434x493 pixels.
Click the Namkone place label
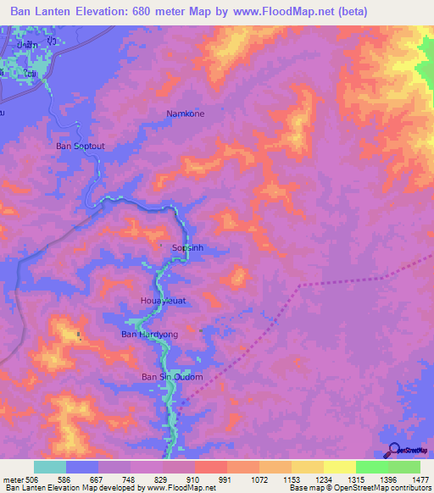tap(185, 113)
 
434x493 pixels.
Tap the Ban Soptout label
tap(81, 146)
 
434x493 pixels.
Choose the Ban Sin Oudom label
tap(171, 376)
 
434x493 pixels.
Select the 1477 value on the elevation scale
tap(418, 479)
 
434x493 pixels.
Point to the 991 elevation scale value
tap(225, 479)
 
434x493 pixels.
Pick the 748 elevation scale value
tap(127, 479)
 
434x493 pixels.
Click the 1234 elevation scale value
tap(321, 479)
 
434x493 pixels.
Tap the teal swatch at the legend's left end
tap(50, 467)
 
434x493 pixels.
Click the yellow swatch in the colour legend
tap(339, 467)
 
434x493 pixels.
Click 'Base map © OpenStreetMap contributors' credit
tap(359, 488)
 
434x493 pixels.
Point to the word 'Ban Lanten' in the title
tap(36, 11)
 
